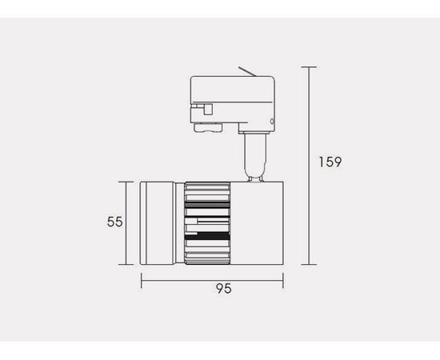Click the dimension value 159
330,162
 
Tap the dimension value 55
114,222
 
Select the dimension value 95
224,289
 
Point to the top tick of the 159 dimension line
309,67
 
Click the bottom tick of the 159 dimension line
309,264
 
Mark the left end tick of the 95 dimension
141,280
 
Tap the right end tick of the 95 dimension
283,280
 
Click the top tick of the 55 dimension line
126,182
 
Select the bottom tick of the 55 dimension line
126,264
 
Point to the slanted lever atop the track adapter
247,71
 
